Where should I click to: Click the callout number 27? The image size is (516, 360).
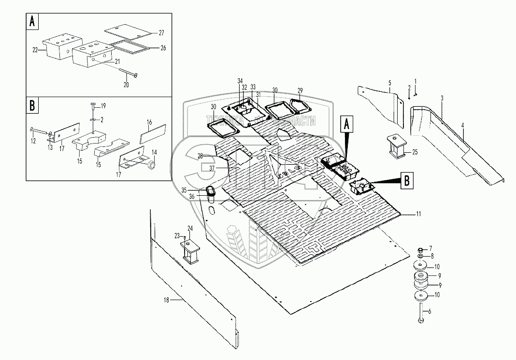(x=161, y=33)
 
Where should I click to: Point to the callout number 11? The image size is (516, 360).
(x=418, y=213)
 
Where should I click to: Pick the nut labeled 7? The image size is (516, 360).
(x=420, y=249)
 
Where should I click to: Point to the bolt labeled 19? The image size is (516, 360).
(x=93, y=107)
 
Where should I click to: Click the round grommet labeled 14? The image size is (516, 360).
(x=150, y=166)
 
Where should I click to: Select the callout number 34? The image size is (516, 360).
(x=240, y=80)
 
